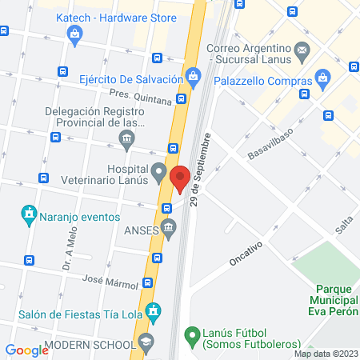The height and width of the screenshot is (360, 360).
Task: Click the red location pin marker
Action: point(180,178)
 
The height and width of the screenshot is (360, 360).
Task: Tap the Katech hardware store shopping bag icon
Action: point(75,33)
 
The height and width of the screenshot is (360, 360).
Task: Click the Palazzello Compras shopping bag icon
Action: point(323,78)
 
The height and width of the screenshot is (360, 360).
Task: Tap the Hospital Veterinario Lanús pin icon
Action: point(159,171)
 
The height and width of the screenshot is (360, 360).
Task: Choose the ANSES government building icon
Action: point(169,228)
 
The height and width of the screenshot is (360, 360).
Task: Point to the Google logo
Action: point(27,350)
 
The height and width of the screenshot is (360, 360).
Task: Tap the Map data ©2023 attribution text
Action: point(326,354)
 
